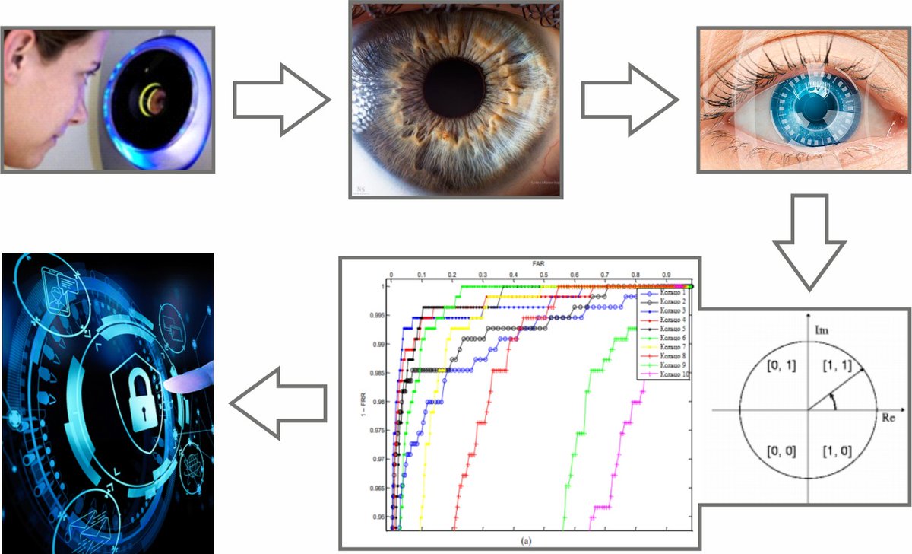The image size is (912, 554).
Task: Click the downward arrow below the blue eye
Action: [x=809, y=240]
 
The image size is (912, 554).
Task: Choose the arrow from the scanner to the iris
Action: [x=281, y=100]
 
